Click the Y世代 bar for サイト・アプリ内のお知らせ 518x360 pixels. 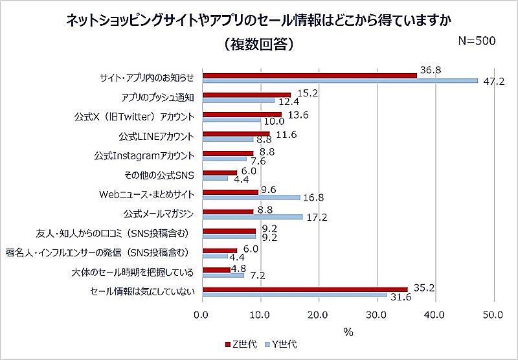pyautogui.click(x=341, y=81)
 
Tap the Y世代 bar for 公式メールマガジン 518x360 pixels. pyautogui.click(x=253, y=216)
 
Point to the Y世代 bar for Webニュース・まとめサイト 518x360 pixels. pyautogui.click(x=252, y=197)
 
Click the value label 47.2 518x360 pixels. pyautogui.click(x=493, y=82)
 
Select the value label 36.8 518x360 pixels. pyautogui.click(x=431, y=69)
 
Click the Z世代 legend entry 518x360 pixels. pyautogui.click(x=240, y=343)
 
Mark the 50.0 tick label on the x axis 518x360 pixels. pyautogui.click(x=493, y=315)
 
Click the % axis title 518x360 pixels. pyautogui.click(x=348, y=332)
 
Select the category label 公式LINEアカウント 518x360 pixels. pyautogui.click(x=157, y=137)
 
